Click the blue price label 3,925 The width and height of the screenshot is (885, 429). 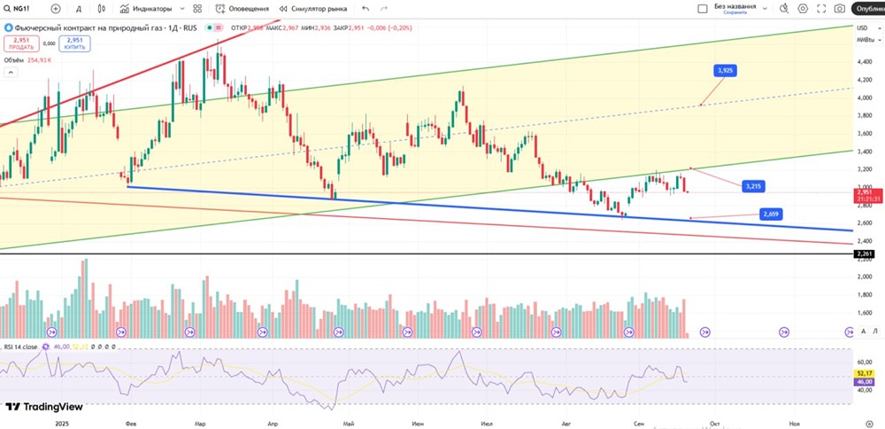[x=725, y=70]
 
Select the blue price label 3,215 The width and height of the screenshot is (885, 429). [x=753, y=186]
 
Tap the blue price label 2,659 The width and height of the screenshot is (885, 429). [x=770, y=214]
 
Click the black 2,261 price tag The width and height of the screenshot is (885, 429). [x=864, y=254]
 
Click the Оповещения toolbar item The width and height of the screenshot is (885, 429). [x=243, y=8]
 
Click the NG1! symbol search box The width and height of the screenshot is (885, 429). [x=21, y=8]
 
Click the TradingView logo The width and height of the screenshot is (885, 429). [x=43, y=407]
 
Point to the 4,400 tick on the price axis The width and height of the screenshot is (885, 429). [x=864, y=62]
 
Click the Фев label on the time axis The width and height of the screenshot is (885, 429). [x=131, y=424]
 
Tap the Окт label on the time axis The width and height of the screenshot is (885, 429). [x=714, y=424]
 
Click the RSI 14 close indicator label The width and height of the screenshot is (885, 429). [x=19, y=347]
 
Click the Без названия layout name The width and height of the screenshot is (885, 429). [x=735, y=7]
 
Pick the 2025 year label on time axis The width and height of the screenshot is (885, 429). [x=61, y=424]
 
